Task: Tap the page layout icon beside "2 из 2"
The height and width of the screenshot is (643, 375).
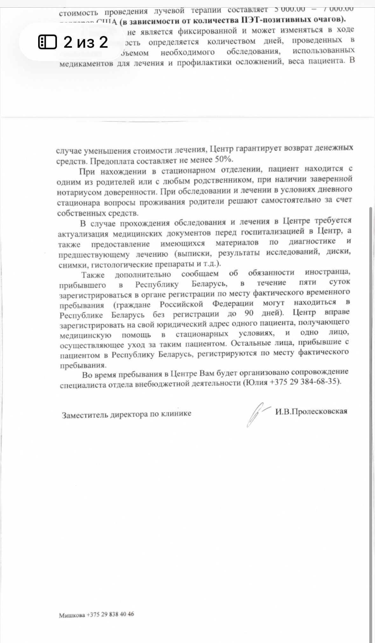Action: click(47, 42)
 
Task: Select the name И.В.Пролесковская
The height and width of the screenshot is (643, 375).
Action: click(311, 411)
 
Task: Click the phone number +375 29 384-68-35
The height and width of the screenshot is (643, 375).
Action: click(303, 381)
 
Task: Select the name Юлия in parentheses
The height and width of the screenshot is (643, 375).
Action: click(256, 382)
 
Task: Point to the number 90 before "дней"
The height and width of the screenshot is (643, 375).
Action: click(249, 313)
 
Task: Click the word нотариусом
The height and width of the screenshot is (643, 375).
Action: click(75, 192)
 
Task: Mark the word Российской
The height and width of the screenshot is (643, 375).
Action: click(181, 304)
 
